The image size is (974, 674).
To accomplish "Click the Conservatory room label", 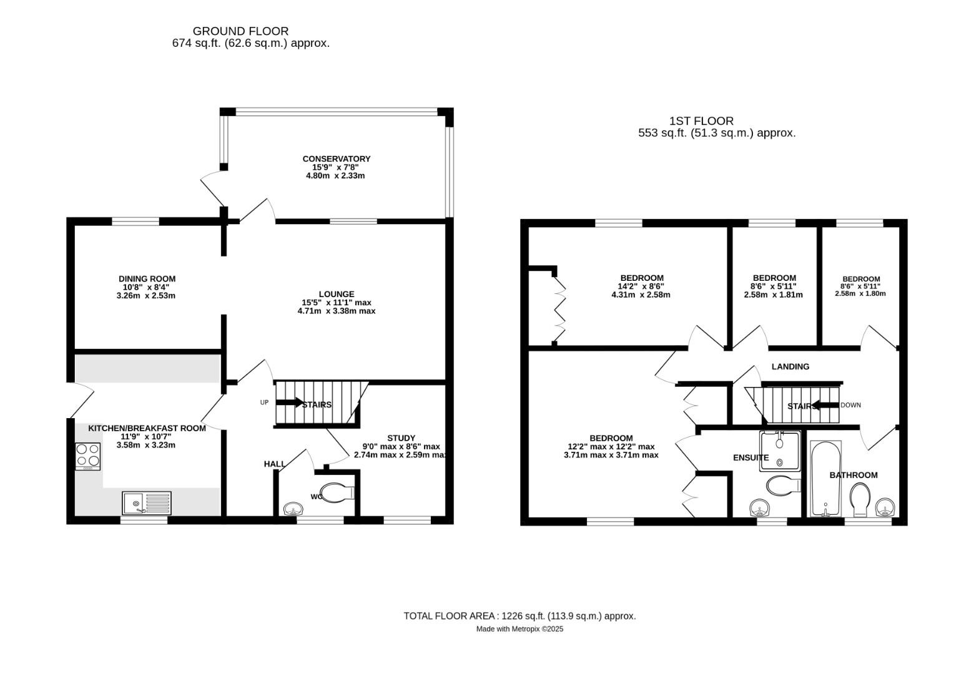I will [336, 159].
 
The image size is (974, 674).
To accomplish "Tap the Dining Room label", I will [147, 279].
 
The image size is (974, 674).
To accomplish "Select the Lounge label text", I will [337, 294].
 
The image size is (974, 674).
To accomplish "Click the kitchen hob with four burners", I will [87, 456].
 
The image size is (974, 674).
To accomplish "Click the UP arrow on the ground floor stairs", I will [290, 403].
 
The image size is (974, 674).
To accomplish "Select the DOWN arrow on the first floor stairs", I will [825, 405].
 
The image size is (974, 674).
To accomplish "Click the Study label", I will [401, 438].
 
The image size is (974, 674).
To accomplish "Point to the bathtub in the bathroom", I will [825, 479].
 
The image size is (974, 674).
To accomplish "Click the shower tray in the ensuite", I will [780, 450].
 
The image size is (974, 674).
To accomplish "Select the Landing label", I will [790, 367].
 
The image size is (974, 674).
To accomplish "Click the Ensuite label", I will [750, 458].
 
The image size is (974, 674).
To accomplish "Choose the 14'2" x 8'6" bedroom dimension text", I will [641, 286].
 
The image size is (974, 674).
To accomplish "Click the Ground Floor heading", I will [240, 31].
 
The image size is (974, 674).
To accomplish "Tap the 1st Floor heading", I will [701, 121].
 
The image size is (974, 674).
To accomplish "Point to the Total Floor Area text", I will [519, 616].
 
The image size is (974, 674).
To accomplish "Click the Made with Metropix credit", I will [519, 629].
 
